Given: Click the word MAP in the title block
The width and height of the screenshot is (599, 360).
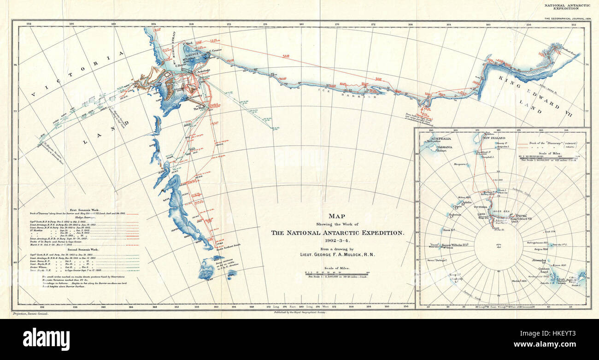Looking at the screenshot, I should point(336,216).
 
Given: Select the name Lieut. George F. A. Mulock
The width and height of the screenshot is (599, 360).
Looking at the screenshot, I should point(337,254).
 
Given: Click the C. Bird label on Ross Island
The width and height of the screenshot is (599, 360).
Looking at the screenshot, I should point(190,44).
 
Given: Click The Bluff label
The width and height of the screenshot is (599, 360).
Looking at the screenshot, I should point(199,108).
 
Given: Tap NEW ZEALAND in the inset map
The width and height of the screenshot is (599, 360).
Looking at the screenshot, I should point(493,138).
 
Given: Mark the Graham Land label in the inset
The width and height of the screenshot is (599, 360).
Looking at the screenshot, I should point(544,271).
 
